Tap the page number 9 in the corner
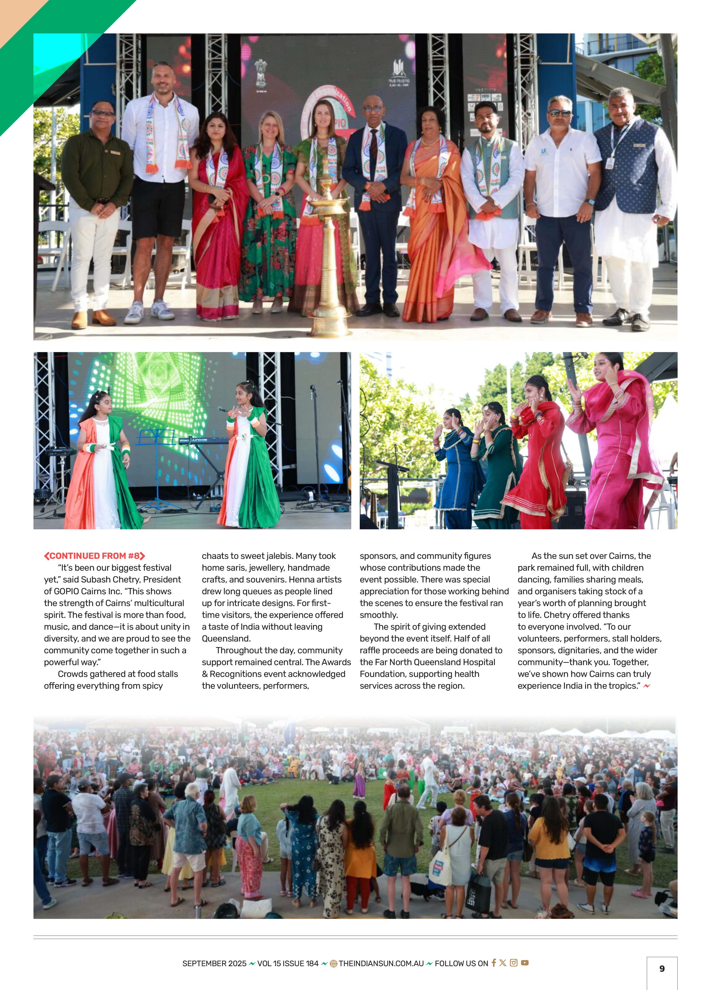coord(662,969)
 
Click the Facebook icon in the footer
coord(494,963)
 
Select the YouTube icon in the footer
coord(525,963)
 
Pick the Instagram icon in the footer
coord(514,963)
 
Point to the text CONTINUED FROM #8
coord(94,556)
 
